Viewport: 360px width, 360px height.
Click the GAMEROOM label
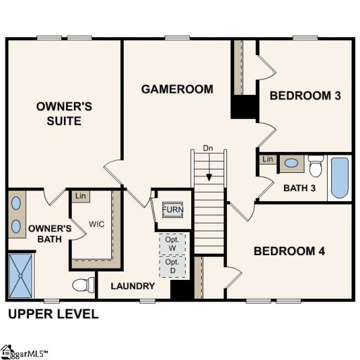[176, 89]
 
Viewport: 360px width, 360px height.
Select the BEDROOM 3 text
[306, 96]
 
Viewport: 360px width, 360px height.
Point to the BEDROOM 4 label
[290, 251]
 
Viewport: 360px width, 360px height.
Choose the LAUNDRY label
[133, 286]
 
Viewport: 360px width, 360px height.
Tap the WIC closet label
[96, 225]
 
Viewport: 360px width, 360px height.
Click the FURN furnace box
[172, 210]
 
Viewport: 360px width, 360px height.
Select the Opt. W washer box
[172, 244]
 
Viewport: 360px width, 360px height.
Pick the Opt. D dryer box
[172, 266]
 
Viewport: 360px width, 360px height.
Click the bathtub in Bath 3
[339, 178]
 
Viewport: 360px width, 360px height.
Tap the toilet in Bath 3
[316, 167]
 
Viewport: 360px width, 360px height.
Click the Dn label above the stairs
[208, 148]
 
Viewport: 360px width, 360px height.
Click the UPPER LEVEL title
[53, 314]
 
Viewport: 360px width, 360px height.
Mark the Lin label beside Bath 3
[268, 160]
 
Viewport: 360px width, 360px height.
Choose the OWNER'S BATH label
[49, 233]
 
